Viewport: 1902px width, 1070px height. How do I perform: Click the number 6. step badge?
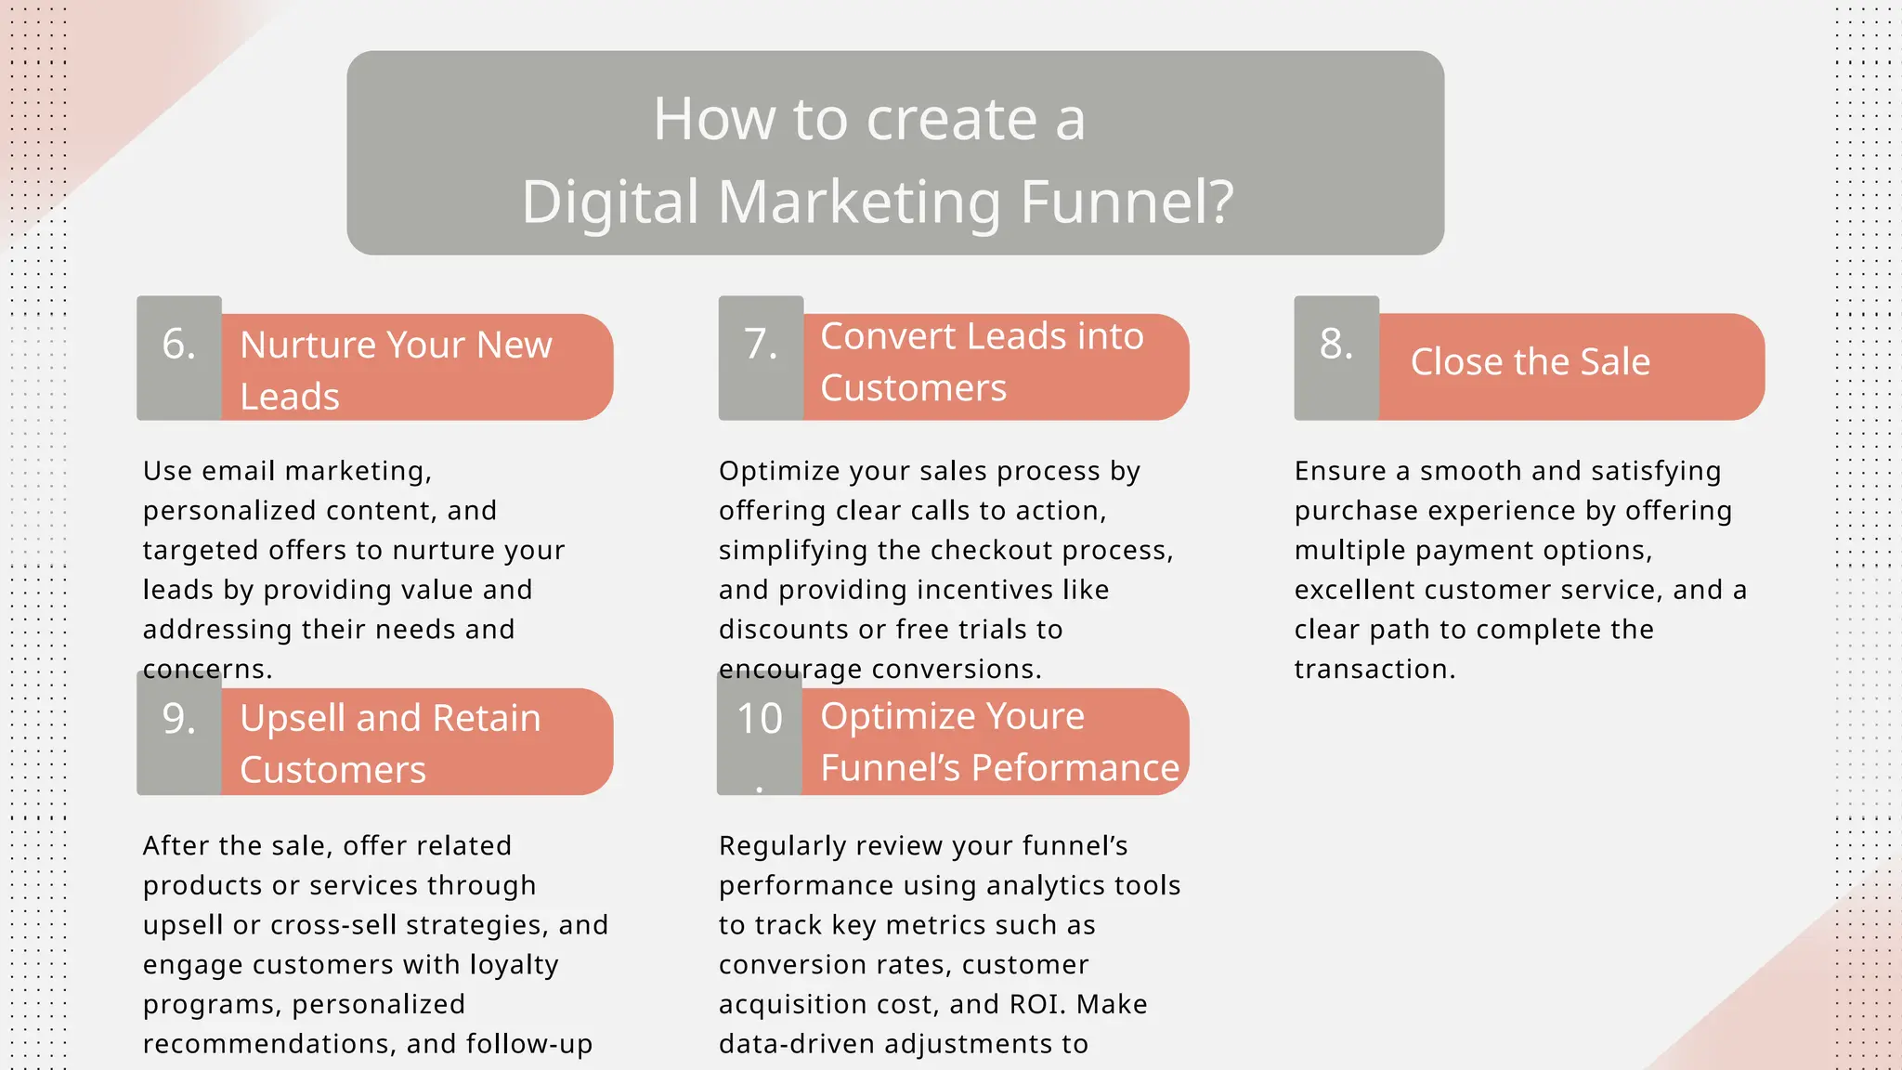(179, 358)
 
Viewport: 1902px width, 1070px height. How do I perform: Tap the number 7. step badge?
(761, 358)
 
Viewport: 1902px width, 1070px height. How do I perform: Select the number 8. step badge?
(1336, 358)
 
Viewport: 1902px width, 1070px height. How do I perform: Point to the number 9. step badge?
(179, 732)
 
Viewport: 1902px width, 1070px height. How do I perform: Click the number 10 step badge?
(759, 732)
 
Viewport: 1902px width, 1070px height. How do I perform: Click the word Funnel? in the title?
(1127, 202)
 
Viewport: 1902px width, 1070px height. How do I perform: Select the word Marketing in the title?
(859, 202)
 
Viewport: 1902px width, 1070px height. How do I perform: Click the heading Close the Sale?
(1530, 361)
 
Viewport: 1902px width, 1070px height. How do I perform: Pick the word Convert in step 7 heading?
(887, 336)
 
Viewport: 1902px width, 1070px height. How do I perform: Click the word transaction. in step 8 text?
(1374, 669)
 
